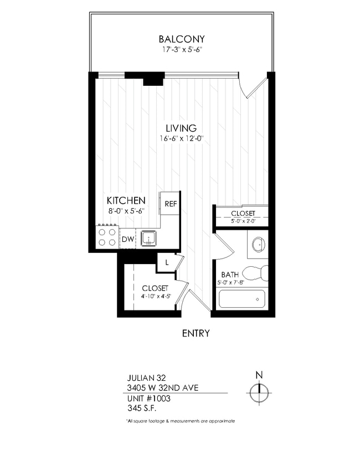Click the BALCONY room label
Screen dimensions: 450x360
(181, 39)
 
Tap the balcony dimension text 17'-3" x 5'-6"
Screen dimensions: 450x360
(181, 50)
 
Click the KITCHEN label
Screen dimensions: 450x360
(126, 200)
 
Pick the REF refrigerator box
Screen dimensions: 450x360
(169, 204)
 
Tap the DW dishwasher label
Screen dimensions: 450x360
(127, 239)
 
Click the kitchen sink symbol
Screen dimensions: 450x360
(148, 239)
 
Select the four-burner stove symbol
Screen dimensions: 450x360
(107, 237)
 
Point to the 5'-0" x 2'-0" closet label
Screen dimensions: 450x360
(243, 213)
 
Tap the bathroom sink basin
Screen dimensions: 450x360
(258, 245)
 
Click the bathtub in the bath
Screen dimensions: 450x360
(241, 299)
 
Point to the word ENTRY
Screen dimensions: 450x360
(196, 333)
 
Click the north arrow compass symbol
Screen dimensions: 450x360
(259, 393)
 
